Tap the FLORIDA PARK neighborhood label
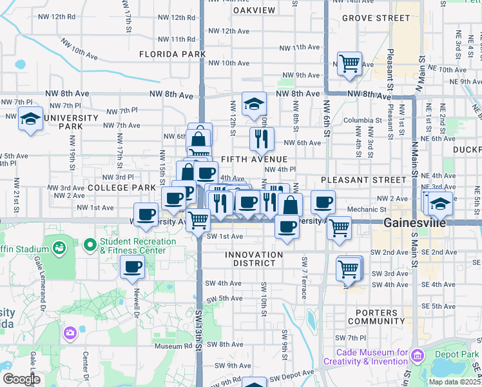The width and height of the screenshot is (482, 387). [x=173, y=54]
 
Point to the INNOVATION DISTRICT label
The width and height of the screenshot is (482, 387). [x=254, y=260]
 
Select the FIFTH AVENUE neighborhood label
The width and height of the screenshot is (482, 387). [x=254, y=159]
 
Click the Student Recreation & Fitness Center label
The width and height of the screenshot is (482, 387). [x=138, y=246]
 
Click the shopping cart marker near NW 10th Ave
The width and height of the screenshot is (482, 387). [x=349, y=64]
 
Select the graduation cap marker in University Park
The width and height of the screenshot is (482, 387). [x=30, y=119]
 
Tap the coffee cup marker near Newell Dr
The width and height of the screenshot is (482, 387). [x=133, y=266]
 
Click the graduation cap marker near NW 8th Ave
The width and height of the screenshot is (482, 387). [x=254, y=103]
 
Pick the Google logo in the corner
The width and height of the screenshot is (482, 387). [x=21, y=379]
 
